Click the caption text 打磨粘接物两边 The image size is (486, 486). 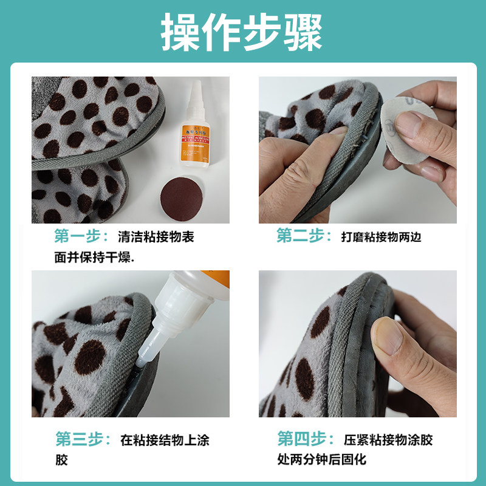pyautogui.click(x=382, y=237)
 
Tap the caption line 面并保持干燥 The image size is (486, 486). pyautogui.click(x=94, y=257)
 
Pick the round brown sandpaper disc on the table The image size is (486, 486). pyautogui.click(x=182, y=196)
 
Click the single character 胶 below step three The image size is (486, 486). pyautogui.click(x=62, y=460)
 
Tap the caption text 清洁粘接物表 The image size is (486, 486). pyautogui.click(x=156, y=237)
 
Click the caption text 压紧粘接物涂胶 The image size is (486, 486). pyautogui.click(x=388, y=439)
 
